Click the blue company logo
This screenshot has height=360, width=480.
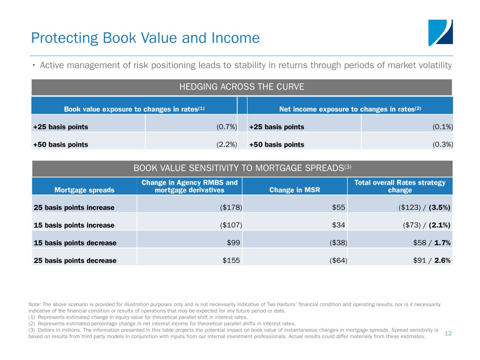click(x=440, y=33)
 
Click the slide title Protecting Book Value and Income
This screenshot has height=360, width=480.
click(x=145, y=38)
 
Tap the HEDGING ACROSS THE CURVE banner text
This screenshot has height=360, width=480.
click(x=242, y=87)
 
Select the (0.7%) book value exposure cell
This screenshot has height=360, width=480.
click(x=227, y=127)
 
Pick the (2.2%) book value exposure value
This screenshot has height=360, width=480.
click(x=227, y=144)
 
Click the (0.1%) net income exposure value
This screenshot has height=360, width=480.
click(x=442, y=127)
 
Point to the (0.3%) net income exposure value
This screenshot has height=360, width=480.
click(x=442, y=144)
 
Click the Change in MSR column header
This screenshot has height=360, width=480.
click(x=294, y=190)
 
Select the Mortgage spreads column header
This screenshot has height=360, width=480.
click(x=84, y=190)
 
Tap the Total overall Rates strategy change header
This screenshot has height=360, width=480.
click(x=400, y=186)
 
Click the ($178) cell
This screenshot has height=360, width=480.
click(x=231, y=208)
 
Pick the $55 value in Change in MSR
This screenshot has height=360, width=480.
click(x=338, y=208)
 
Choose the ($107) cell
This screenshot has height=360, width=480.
click(x=231, y=225)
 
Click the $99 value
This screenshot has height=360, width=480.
click(x=233, y=243)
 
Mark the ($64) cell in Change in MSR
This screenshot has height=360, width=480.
click(x=338, y=261)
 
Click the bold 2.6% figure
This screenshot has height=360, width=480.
click(x=442, y=261)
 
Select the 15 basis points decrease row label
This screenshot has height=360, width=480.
click(x=75, y=243)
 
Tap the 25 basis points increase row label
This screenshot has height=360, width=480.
click(x=74, y=208)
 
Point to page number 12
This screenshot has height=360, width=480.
click(x=448, y=333)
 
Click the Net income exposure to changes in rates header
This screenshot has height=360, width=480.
click(x=350, y=109)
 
